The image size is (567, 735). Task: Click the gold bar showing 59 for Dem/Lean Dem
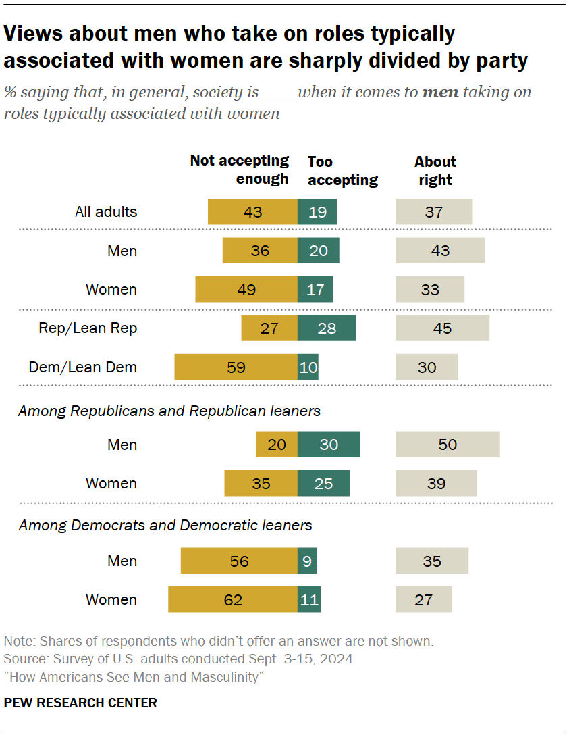point(236,367)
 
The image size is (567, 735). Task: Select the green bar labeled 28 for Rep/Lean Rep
point(327,328)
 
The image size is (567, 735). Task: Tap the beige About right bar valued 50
point(448,445)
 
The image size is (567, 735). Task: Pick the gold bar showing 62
point(233,599)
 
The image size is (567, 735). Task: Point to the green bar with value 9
point(307,561)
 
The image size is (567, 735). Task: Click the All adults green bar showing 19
point(317,211)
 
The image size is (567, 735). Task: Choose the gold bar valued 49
point(246,289)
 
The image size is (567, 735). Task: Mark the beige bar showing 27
point(423,599)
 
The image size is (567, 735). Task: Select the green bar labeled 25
point(323,483)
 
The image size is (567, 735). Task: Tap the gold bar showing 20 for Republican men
point(277,445)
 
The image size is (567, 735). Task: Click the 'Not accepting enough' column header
point(240,170)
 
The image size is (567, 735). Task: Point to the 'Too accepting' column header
point(342,171)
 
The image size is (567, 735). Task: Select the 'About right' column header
point(435,171)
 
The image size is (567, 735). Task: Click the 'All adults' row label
point(105,211)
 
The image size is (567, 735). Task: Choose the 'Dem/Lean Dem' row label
point(82,367)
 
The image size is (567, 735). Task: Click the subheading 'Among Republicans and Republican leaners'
point(169,411)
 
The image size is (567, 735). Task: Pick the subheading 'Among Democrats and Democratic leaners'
point(165,525)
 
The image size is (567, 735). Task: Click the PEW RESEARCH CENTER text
point(80,703)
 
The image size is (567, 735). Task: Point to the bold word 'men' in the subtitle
point(440,92)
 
